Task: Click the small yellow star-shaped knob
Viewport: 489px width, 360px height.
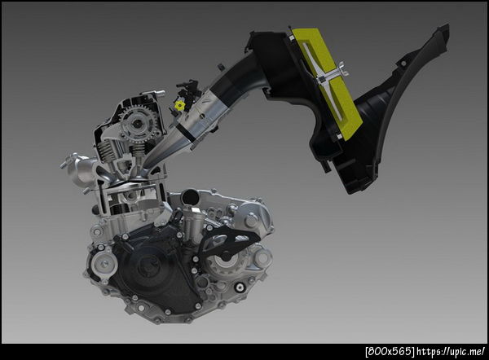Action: pos(179,105)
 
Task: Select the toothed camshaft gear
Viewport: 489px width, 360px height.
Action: pos(138,124)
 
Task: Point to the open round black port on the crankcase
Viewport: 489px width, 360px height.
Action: pos(191,197)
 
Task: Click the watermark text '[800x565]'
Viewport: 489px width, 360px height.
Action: pos(390,351)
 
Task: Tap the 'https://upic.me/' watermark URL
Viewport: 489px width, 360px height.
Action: pos(452,351)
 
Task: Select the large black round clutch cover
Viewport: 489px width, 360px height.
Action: pos(153,268)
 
